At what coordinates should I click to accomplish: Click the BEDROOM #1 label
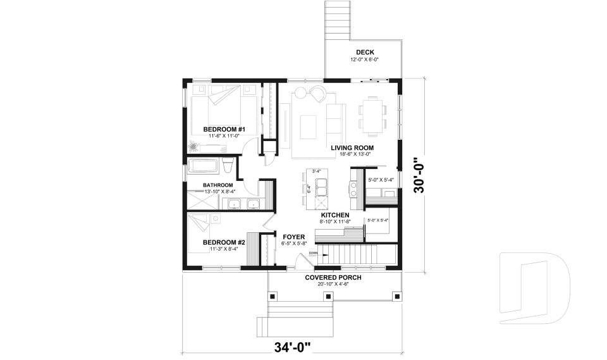coord(224,129)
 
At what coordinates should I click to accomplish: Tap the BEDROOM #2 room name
coord(224,242)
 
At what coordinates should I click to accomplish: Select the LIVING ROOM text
coord(350,148)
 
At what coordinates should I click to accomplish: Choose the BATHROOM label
coord(218,185)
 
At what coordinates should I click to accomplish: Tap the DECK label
coord(365,53)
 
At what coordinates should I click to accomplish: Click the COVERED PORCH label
coord(333,278)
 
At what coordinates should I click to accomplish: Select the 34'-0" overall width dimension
coord(293,347)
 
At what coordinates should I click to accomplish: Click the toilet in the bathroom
coord(228,166)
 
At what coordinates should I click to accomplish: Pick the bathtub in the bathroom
coord(202,167)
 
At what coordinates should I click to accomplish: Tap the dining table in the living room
coord(372,116)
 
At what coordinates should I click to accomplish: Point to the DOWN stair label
coord(313,253)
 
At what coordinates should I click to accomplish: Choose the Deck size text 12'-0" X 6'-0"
coord(365,59)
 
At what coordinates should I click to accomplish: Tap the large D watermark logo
coord(534,285)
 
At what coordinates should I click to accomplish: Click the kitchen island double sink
coord(321,187)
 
